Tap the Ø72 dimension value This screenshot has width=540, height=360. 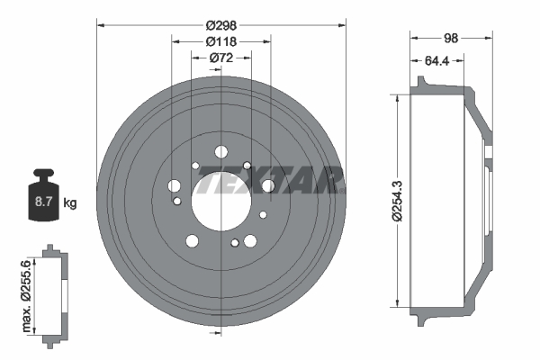(x=221, y=58)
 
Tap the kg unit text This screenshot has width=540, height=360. (x=70, y=203)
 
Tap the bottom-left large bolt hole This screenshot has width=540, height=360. (x=192, y=241)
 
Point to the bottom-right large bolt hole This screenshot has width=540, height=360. (x=250, y=241)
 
